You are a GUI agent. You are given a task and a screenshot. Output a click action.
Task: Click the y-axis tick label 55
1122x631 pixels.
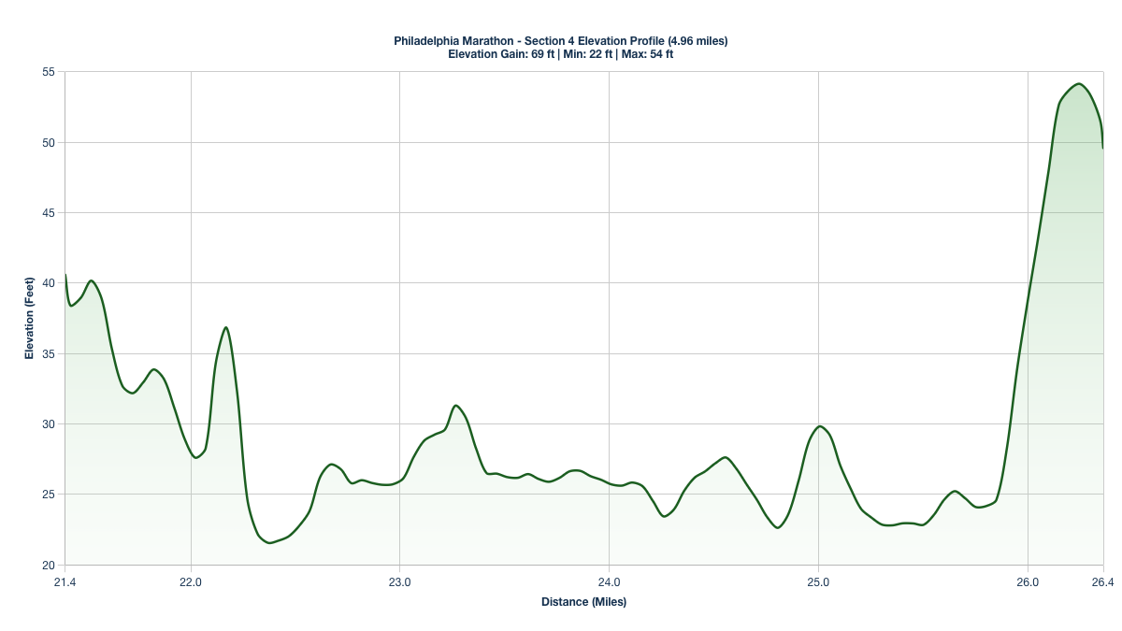coord(48,72)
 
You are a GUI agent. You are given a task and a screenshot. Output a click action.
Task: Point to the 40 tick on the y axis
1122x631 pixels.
coord(48,283)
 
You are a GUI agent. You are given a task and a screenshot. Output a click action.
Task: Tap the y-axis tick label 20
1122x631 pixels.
coord(48,566)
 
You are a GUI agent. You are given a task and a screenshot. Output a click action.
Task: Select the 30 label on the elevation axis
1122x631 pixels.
coord(48,424)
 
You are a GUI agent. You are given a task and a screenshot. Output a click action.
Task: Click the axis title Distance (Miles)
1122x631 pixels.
coord(583,602)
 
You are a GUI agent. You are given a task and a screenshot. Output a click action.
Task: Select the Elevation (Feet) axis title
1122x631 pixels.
coord(29,318)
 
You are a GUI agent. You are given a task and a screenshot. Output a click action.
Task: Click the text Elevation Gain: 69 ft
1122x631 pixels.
coord(501,54)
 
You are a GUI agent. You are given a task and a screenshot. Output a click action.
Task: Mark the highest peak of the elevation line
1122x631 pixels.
coord(1078,84)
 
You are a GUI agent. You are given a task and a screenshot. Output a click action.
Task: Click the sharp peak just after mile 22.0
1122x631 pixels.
coord(226,327)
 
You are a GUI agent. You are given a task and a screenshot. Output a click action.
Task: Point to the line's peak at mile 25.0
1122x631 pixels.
coord(820,426)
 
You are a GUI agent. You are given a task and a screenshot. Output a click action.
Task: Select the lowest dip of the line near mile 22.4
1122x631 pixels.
coord(270,542)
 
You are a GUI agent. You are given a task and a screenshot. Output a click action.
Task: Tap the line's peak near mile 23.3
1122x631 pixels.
coord(455,406)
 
